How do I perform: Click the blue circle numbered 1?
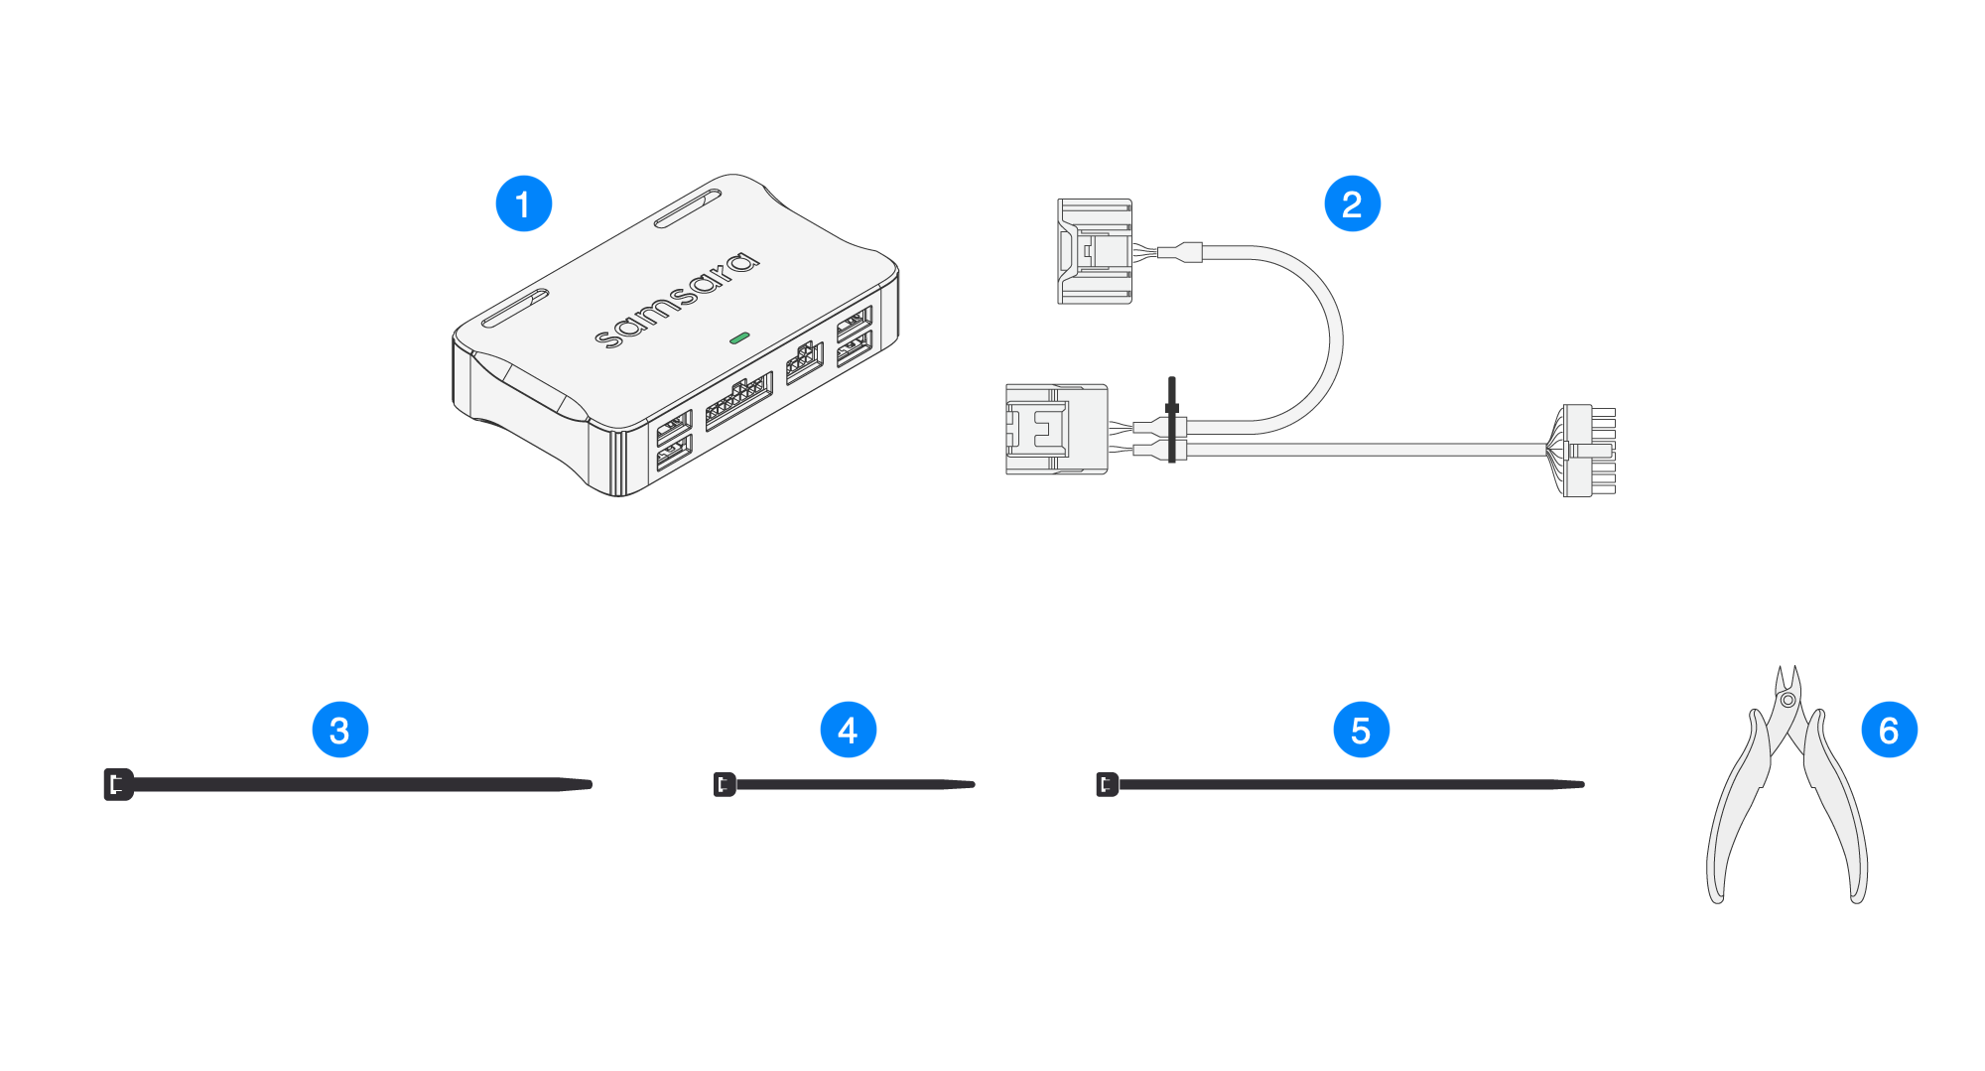(x=523, y=204)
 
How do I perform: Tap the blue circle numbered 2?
(x=1352, y=204)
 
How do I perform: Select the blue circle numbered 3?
(x=339, y=731)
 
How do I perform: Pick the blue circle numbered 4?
(x=848, y=731)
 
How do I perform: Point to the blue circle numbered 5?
(x=1361, y=731)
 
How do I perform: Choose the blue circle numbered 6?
(x=1889, y=731)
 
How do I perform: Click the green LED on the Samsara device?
(x=738, y=338)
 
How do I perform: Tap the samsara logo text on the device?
(x=677, y=300)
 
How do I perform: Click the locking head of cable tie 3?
(x=118, y=784)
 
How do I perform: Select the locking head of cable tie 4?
(x=725, y=784)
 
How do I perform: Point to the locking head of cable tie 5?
(x=1107, y=784)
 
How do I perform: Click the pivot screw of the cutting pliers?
(x=1787, y=700)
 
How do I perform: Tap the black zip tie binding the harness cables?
(x=1172, y=419)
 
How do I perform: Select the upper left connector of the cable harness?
(x=1095, y=251)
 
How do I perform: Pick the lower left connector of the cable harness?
(x=1056, y=429)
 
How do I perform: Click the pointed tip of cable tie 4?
(x=971, y=784)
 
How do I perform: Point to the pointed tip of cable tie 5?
(x=1580, y=784)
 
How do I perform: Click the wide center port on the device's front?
(x=738, y=401)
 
